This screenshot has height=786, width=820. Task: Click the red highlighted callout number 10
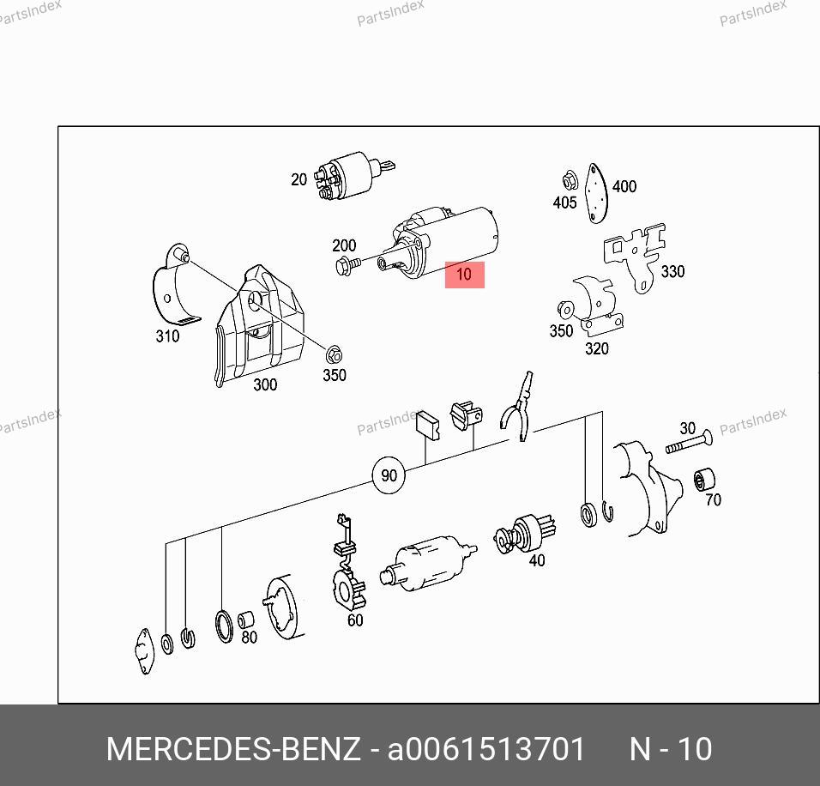pos(464,275)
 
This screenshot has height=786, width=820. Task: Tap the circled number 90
pos(389,475)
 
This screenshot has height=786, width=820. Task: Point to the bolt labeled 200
pos(347,265)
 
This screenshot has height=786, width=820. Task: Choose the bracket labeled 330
pos(636,256)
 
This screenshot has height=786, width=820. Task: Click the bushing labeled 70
pos(704,480)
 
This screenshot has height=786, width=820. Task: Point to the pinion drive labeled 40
pos(525,533)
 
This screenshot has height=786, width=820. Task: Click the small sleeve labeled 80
pos(245,620)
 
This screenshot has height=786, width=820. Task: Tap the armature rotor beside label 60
pos(428,563)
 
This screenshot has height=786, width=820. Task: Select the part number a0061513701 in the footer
pos(485,749)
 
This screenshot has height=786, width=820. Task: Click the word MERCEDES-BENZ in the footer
pos(233,749)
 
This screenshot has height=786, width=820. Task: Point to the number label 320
pos(596,348)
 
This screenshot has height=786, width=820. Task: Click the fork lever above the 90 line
pos(518,407)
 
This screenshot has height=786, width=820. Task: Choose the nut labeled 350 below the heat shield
pos(333,355)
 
